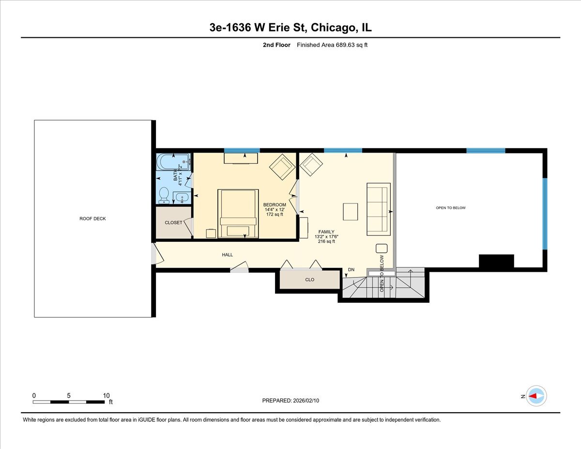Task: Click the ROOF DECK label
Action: [92, 218]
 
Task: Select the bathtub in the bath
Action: [174, 160]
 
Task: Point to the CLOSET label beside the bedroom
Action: [173, 223]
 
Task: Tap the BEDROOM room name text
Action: [275, 205]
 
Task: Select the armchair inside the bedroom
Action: [282, 167]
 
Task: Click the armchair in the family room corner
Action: [311, 165]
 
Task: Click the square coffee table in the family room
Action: [351, 212]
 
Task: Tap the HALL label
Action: [228, 255]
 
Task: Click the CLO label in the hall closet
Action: [310, 279]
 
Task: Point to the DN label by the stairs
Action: [351, 270]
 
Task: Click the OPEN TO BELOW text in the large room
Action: [450, 208]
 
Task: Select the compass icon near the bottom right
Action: [536, 396]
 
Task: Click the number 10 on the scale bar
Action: [106, 395]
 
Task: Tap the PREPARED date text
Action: [290, 401]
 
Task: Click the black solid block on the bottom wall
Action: [496, 261]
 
